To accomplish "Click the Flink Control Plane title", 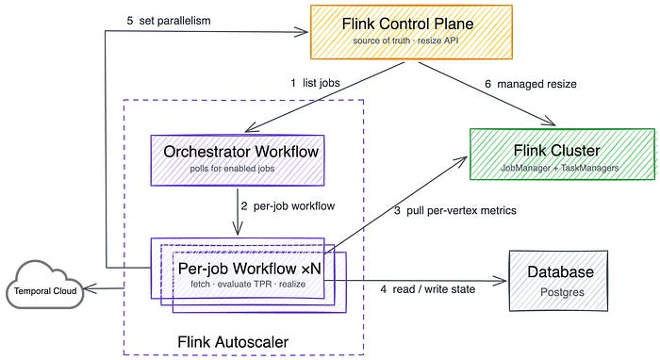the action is click(x=407, y=24).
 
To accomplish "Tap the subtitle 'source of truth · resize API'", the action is click(x=405, y=41).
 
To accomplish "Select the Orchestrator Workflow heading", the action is click(x=240, y=152).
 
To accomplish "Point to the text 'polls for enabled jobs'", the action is click(x=232, y=169).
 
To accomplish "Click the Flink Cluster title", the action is click(x=556, y=150).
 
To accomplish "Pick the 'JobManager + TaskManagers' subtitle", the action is click(x=560, y=168).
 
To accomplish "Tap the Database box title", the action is click(x=560, y=271).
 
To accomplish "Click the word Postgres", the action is click(x=562, y=292).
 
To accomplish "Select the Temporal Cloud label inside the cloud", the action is click(x=45, y=291).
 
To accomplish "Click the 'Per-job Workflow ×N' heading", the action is click(x=249, y=269).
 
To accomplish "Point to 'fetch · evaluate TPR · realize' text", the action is click(x=248, y=284).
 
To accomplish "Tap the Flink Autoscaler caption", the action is click(x=233, y=342).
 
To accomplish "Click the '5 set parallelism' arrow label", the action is click(x=169, y=21).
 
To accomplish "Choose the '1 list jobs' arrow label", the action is click(x=315, y=83).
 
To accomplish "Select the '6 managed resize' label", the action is click(x=530, y=84).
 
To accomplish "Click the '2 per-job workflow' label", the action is click(x=288, y=206).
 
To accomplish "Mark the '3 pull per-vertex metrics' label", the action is click(x=455, y=210).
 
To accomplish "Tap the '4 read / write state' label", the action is click(x=428, y=289).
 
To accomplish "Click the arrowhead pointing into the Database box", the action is click(x=502, y=281).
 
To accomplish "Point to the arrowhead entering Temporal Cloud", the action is click(x=89, y=288).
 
